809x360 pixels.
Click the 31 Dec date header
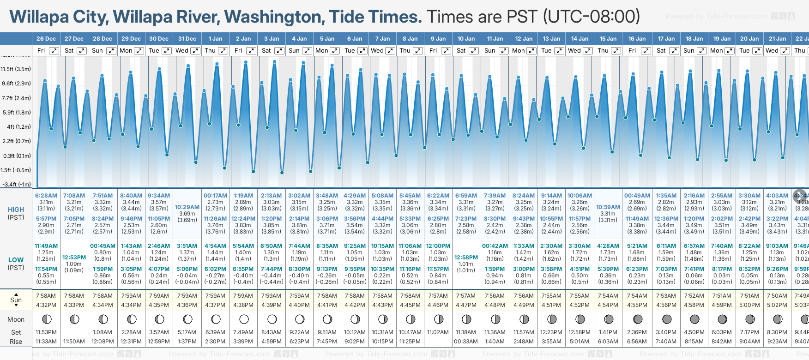187,39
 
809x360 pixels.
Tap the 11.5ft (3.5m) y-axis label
16,69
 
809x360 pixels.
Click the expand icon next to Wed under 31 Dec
195,51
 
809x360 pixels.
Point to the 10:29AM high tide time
187,207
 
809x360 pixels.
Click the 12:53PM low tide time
74,258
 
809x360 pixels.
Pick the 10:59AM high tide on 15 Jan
608,207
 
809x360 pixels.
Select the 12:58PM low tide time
466,258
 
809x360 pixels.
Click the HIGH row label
16,210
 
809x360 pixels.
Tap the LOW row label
16,260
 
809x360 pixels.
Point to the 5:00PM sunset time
749,305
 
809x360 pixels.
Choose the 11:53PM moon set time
46,332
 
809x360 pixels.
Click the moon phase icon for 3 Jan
272,319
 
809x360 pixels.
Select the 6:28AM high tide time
46,196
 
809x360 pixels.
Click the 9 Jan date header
438,39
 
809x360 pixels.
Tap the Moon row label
16,319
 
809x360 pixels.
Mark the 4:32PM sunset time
46,305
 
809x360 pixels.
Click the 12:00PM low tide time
438,246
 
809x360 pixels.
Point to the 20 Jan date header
749,39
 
